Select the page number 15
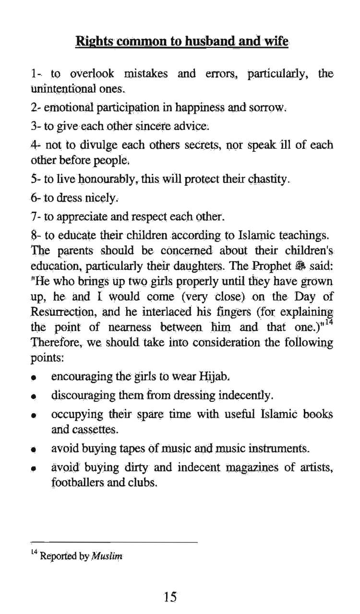170,597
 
